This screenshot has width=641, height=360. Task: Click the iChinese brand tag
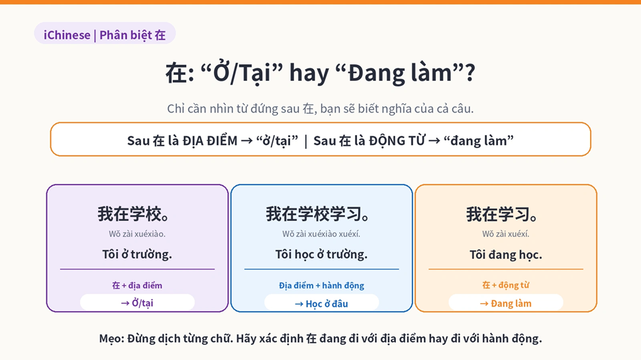click(x=105, y=34)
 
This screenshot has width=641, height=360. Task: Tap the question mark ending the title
click(x=469, y=73)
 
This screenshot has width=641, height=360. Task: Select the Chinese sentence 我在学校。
click(x=133, y=214)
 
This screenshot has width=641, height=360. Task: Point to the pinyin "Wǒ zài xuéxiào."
click(x=137, y=234)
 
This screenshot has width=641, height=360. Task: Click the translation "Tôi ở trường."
click(x=137, y=255)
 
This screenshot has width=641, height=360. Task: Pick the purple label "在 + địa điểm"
click(x=137, y=285)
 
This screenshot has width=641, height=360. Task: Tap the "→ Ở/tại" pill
click(x=137, y=303)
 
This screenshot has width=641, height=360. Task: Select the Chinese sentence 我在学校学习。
click(x=318, y=214)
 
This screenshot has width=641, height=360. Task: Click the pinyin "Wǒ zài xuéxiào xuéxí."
click(x=321, y=234)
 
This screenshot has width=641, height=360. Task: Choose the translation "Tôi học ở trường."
click(x=321, y=255)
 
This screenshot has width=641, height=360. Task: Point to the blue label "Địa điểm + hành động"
click(x=321, y=285)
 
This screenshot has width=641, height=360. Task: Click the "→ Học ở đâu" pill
click(x=321, y=304)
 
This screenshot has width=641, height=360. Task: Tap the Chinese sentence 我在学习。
click(x=501, y=214)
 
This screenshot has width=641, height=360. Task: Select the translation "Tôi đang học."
click(x=506, y=255)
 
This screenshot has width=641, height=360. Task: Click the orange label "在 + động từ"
click(x=506, y=285)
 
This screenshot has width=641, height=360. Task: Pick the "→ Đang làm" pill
click(x=506, y=303)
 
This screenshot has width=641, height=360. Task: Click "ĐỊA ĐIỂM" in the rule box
click(x=210, y=140)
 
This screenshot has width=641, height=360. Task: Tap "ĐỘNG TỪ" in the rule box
click(x=397, y=140)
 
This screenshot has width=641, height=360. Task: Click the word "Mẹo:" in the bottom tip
click(x=112, y=338)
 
